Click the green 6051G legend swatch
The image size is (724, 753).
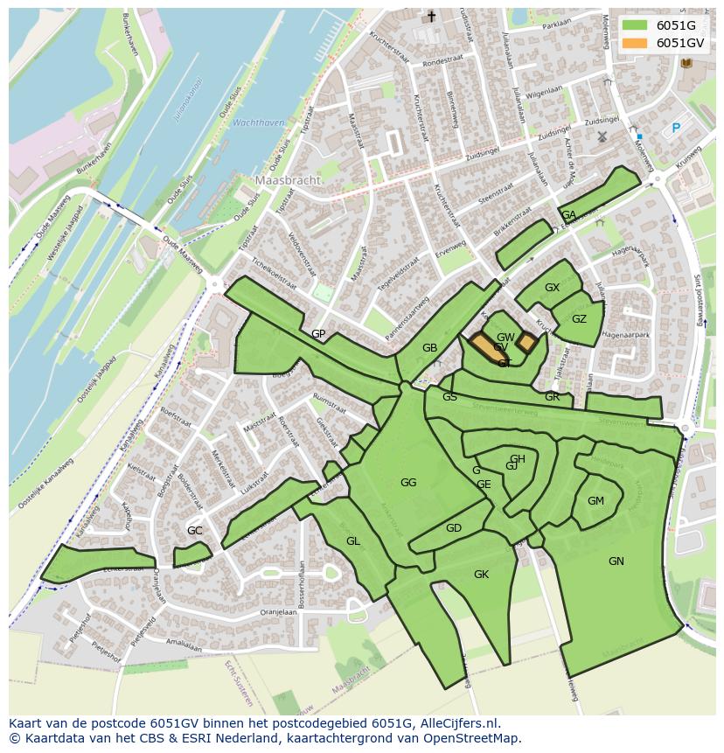click(x=636, y=25)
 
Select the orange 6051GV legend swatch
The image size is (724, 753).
click(x=636, y=43)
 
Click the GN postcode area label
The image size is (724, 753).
click(x=616, y=561)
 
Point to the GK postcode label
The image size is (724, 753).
click(x=481, y=575)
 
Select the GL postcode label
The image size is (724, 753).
click(x=352, y=541)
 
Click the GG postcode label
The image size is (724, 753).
click(x=408, y=483)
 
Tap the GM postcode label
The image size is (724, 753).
click(x=595, y=501)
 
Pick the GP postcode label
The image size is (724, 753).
click(x=318, y=334)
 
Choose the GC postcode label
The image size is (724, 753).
click(x=194, y=531)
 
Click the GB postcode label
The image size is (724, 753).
click(x=429, y=348)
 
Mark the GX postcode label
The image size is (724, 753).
click(x=552, y=288)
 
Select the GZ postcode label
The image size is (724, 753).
click(x=579, y=319)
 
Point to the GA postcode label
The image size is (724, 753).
click(x=568, y=215)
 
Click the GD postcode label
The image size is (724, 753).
click(x=453, y=528)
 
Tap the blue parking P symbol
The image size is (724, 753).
click(x=675, y=129)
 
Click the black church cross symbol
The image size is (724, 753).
click(x=430, y=17)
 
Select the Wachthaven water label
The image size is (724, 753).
click(x=259, y=123)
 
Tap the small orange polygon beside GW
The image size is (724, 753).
click(x=526, y=342)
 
